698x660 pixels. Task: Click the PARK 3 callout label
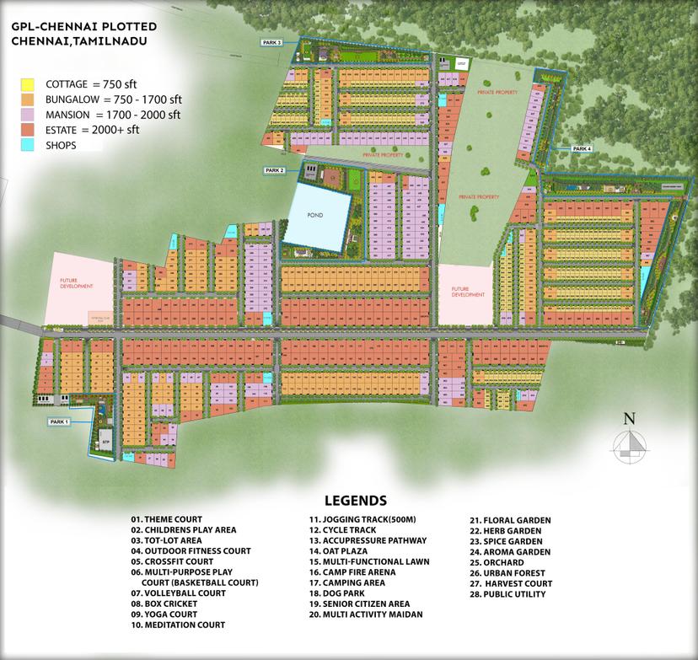coord(271,41)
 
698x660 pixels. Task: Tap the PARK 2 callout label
coord(275,170)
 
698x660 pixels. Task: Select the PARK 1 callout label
coord(58,421)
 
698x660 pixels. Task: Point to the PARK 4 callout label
coord(583,148)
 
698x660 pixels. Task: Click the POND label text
coord(315,216)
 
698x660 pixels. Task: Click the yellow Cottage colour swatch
coord(28,84)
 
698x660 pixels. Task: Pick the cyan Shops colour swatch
coord(28,145)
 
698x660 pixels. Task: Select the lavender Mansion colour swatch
coord(28,115)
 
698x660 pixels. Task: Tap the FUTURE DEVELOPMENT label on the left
coord(75,284)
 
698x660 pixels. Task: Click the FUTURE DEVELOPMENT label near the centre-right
coord(468,292)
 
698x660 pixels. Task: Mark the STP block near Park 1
coord(105,442)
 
